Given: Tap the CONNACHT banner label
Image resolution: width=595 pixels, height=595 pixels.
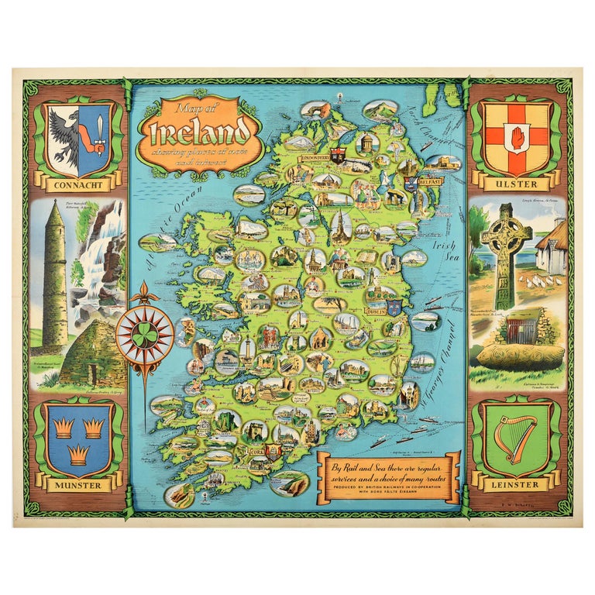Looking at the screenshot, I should (75, 185).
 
